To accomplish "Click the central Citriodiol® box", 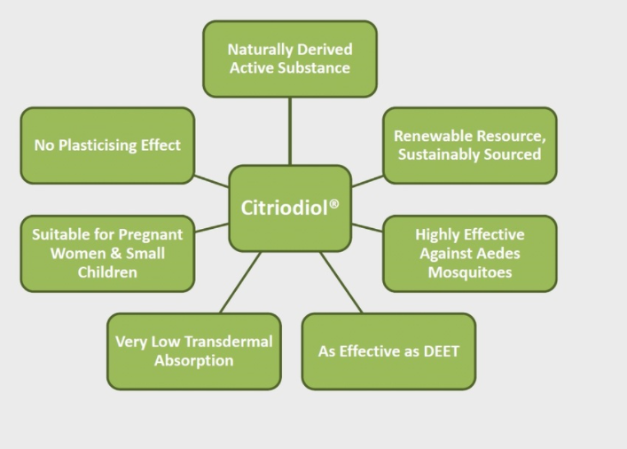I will [x=290, y=208].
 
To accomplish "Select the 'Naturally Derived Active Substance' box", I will [x=290, y=59].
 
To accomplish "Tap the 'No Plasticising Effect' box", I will [x=107, y=146].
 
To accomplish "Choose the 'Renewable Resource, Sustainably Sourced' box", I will [x=470, y=146].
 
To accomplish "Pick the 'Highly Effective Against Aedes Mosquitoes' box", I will [x=470, y=253].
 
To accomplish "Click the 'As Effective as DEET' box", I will [x=388, y=351].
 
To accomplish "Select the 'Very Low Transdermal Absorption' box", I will [x=194, y=351].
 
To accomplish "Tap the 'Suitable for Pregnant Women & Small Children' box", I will [x=107, y=253].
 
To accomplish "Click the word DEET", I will [x=441, y=351].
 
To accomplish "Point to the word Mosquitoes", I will [x=470, y=272].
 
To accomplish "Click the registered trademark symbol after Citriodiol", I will [x=334, y=203].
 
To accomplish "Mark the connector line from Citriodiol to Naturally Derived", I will [x=290, y=130].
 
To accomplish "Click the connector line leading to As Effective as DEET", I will [x=341, y=282].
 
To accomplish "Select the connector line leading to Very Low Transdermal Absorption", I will [x=239, y=282].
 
